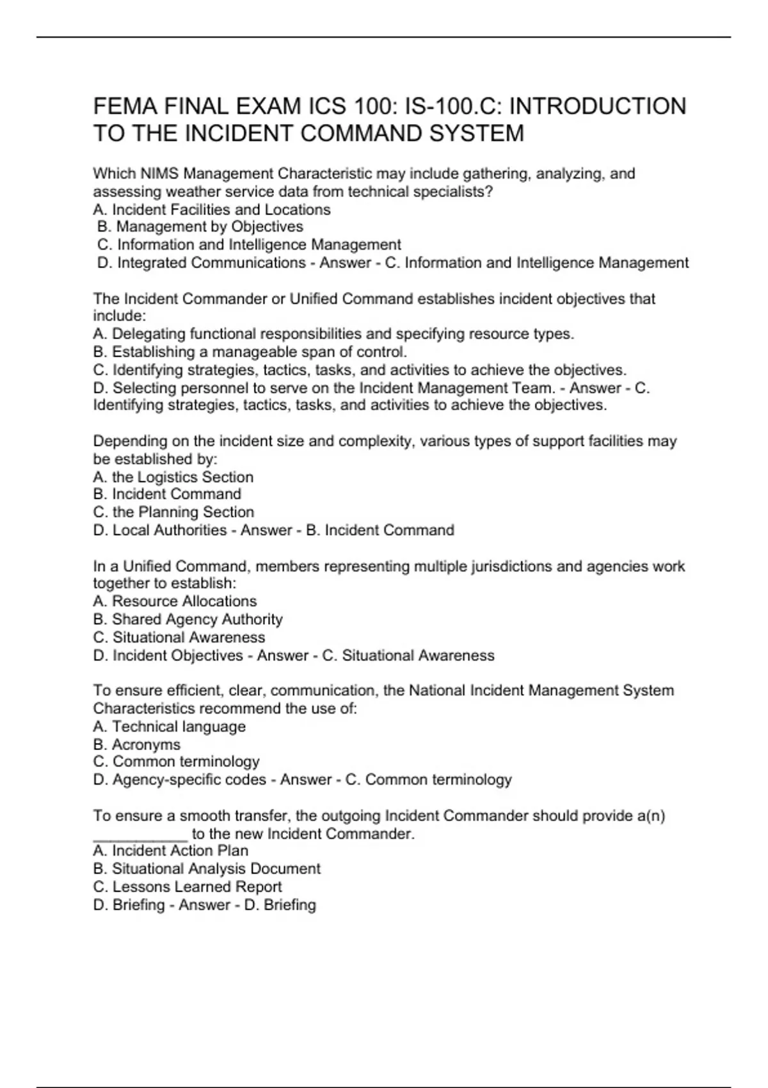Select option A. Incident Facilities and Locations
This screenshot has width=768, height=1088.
(x=212, y=209)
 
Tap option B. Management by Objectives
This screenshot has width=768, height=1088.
(x=200, y=227)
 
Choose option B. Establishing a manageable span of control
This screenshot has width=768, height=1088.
(x=250, y=352)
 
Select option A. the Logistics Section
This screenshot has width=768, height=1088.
(x=173, y=477)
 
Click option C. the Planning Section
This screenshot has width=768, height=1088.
(x=173, y=512)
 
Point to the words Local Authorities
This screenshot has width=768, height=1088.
(x=170, y=530)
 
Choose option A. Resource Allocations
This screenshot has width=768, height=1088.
(x=175, y=601)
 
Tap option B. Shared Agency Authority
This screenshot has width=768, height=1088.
(x=188, y=619)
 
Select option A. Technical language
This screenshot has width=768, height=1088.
(x=170, y=726)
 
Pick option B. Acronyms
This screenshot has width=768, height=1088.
(x=137, y=744)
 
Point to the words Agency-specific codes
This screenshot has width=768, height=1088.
(x=189, y=780)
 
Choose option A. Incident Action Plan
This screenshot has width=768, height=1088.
(x=171, y=851)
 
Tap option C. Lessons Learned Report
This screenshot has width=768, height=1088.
(x=188, y=886)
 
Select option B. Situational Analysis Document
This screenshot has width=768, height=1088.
(x=207, y=868)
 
